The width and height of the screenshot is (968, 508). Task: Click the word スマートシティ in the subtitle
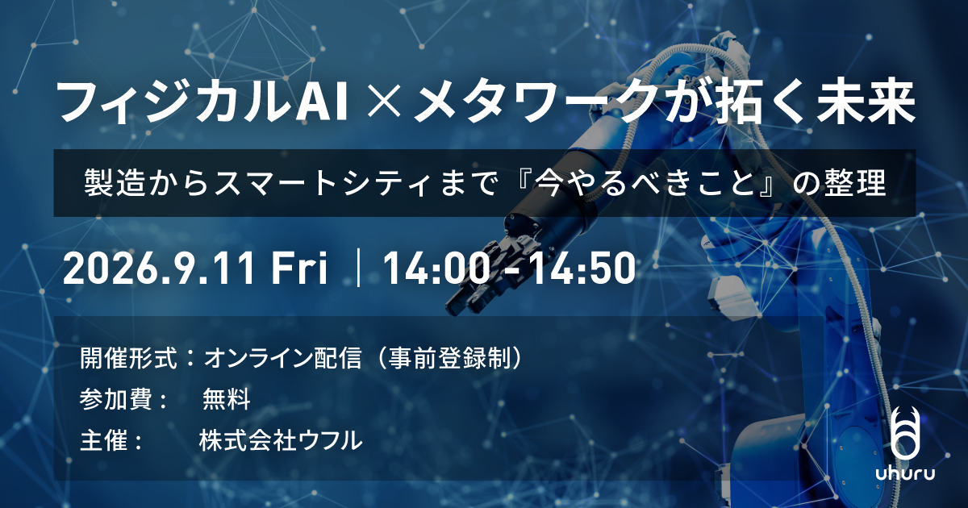point(328,183)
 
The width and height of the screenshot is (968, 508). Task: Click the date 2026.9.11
point(157,268)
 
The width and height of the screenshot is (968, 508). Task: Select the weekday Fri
point(298,268)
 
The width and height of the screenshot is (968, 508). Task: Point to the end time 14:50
point(583,268)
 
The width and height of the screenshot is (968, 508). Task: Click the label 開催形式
point(128,358)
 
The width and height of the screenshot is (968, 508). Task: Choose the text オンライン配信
point(282,358)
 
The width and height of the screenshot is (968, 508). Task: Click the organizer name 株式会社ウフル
point(281,440)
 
